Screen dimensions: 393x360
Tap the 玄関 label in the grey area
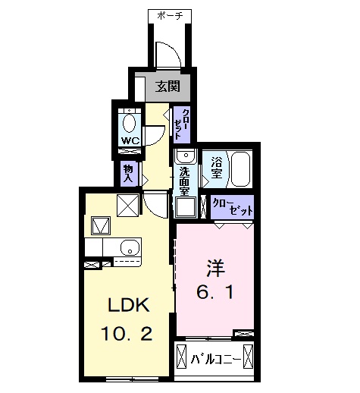point(167,86)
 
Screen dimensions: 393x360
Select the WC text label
point(129,141)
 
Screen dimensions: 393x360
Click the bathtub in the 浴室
point(240,168)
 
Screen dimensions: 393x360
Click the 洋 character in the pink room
point(214,268)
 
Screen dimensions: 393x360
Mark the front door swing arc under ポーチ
point(167,55)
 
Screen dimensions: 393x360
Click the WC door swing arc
point(154,134)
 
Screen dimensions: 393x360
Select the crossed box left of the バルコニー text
point(182,357)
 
